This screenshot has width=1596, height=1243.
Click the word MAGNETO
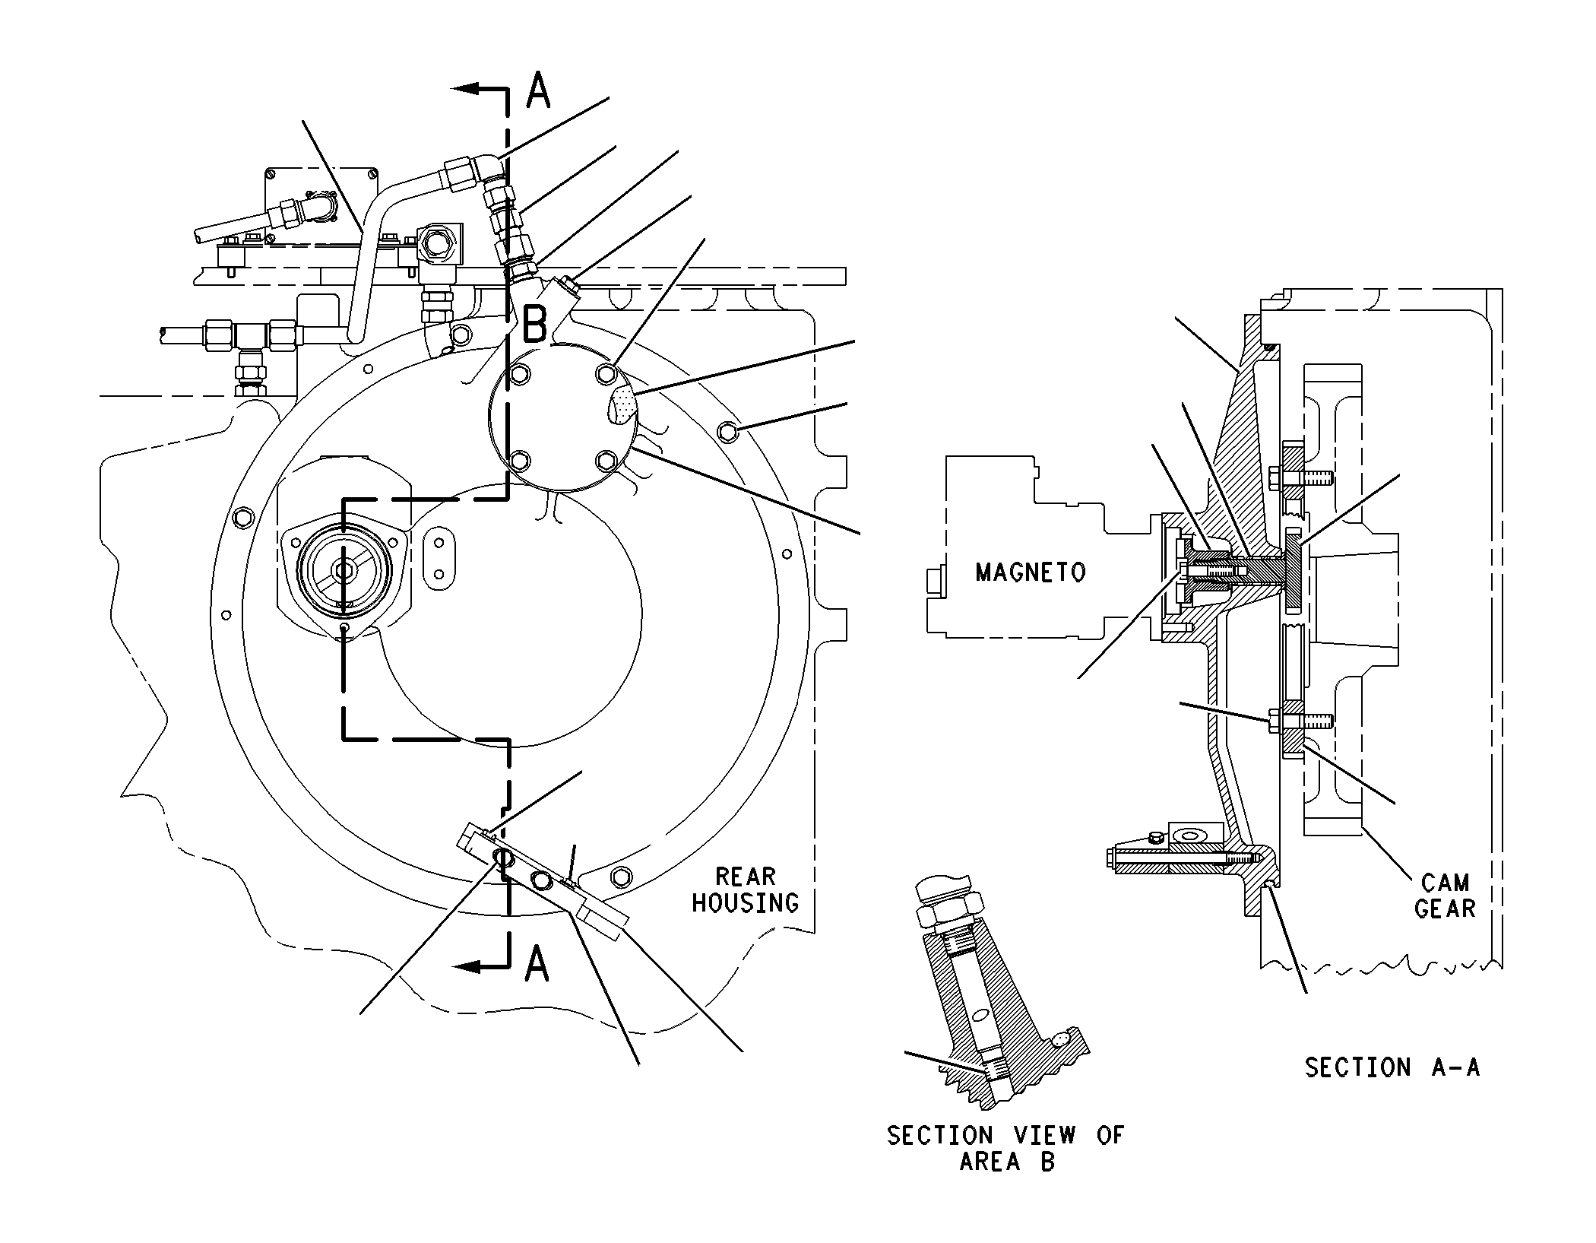click(1031, 572)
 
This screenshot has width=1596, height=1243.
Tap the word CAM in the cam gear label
click(1445, 883)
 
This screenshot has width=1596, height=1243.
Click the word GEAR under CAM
click(1445, 908)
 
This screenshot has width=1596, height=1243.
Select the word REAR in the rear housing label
click(746, 877)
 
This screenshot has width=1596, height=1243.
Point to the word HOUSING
click(746, 902)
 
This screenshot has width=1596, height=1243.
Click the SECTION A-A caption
click(1392, 1067)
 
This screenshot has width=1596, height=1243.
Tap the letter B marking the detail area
click(535, 325)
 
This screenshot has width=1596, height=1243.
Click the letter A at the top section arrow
click(538, 90)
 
